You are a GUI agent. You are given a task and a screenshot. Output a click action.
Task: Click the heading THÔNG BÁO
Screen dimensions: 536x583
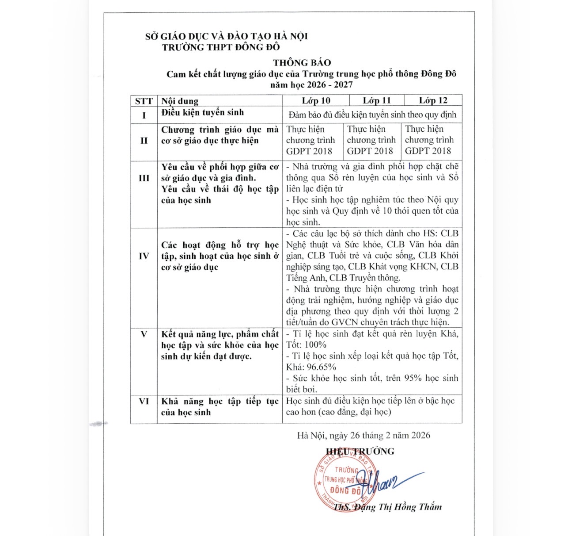[x=302, y=63]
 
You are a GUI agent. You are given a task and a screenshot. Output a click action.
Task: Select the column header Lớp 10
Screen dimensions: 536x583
[x=316, y=101]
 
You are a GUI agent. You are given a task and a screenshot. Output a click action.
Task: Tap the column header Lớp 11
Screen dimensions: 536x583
[x=377, y=101]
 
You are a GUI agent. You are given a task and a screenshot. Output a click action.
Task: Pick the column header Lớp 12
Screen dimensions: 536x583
[x=433, y=101]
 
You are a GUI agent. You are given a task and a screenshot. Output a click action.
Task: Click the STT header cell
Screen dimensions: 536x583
[x=144, y=101]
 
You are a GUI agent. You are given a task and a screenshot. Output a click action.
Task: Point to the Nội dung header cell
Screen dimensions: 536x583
[x=180, y=101]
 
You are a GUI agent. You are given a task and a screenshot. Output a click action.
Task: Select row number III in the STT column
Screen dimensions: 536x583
[x=144, y=178]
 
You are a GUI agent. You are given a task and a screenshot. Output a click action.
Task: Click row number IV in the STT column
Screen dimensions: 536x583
[x=144, y=256]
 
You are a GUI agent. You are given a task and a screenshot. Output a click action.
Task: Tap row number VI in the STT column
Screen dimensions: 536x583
[x=144, y=402]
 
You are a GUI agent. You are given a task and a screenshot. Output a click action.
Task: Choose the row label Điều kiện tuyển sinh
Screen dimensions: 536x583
[x=202, y=113]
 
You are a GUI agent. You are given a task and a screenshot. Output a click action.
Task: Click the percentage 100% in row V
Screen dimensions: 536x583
[x=315, y=345]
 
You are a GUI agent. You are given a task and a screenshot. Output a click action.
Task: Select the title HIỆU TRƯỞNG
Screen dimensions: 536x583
[x=360, y=452]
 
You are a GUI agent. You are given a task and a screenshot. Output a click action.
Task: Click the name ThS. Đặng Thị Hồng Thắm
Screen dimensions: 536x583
[x=387, y=507]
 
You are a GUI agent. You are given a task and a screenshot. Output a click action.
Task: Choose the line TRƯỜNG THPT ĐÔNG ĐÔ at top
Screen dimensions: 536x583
[x=221, y=47]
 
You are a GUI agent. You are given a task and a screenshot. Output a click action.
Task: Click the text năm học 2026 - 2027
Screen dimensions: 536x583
[x=311, y=85]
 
